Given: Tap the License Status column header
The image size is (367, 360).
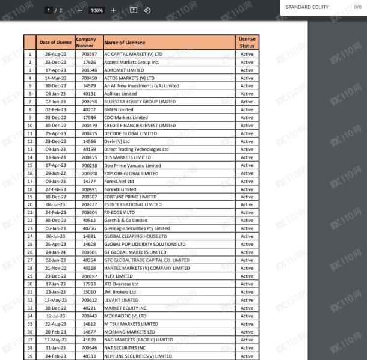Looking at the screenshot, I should [x=247, y=43].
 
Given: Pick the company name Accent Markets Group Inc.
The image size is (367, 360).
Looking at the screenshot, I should [x=133, y=62].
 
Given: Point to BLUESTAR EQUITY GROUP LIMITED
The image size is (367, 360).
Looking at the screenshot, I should [x=140, y=101].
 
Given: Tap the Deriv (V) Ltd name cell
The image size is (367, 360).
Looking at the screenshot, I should [x=120, y=141].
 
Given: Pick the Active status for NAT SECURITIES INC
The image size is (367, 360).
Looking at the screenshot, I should [x=247, y=347].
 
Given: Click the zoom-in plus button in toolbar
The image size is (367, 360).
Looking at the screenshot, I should [x=113, y=10].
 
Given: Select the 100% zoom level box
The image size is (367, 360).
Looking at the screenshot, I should [x=96, y=10].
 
